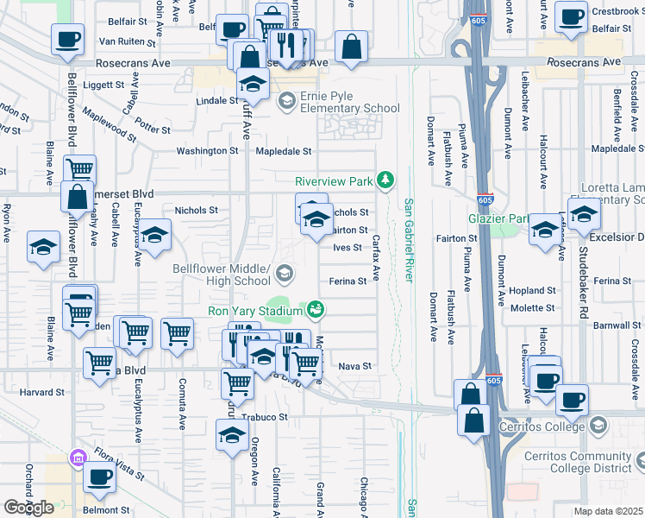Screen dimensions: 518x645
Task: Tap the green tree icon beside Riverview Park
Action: [x=388, y=180]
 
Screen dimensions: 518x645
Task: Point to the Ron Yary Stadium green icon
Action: [x=316, y=308]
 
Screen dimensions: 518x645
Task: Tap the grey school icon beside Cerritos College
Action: [x=598, y=426]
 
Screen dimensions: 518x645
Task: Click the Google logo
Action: [x=28, y=507]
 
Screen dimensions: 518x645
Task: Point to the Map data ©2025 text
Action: [x=607, y=511]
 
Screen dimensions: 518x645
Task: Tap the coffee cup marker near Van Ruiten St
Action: [x=68, y=39]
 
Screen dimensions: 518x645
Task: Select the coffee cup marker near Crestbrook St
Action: [x=571, y=16]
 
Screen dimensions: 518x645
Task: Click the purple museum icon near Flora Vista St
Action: [x=78, y=457]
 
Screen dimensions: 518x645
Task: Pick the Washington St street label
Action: [x=207, y=151]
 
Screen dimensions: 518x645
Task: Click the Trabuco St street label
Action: [x=269, y=417]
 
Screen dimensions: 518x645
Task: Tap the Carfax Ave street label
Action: [x=376, y=260]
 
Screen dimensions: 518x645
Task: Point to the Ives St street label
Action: [x=347, y=248]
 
